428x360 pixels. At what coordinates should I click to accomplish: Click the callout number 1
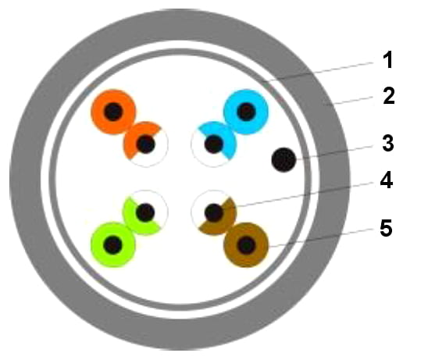click(x=387, y=60)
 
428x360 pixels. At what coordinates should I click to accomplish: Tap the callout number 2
click(x=389, y=95)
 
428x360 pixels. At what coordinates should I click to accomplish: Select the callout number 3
click(x=388, y=143)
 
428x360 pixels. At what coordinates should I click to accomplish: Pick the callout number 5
click(x=386, y=227)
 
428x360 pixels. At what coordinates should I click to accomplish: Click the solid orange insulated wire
click(x=113, y=112)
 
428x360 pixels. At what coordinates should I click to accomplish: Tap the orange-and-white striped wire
click(x=146, y=144)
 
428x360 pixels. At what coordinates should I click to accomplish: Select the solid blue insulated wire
click(x=246, y=112)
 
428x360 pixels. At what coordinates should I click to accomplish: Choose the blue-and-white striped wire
click(x=213, y=144)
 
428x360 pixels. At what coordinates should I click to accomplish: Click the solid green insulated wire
click(x=113, y=245)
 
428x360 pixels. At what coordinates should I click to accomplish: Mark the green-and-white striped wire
click(x=145, y=212)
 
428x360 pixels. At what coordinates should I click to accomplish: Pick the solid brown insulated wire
click(x=246, y=245)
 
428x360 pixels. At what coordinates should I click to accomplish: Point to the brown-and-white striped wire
click(x=214, y=212)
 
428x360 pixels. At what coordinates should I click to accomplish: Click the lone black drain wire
click(x=284, y=159)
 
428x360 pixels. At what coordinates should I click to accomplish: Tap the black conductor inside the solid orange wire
click(x=113, y=112)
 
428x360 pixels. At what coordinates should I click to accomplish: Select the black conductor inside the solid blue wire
click(x=246, y=112)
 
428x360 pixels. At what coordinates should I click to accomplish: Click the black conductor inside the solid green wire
click(x=113, y=245)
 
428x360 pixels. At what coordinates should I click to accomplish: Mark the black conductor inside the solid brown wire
click(x=246, y=245)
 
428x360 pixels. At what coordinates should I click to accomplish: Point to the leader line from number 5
click(x=321, y=237)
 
